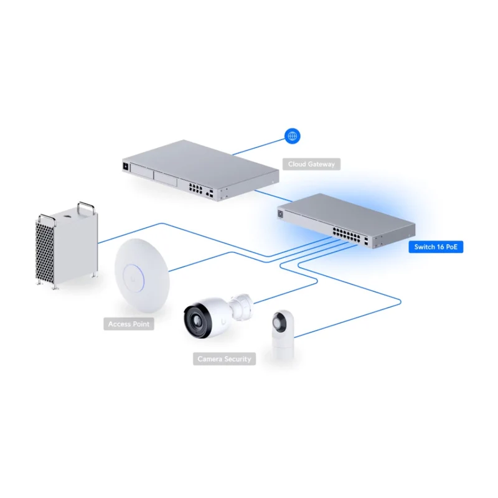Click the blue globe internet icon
292,136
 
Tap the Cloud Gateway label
311,164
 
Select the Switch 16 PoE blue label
436,247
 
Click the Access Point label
129,324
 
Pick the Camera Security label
224,359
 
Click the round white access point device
142,275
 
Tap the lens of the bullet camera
195,320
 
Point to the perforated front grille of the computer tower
44,252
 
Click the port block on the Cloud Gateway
195,189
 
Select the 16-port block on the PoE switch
346,235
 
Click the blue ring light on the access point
133,278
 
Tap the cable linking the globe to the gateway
259,146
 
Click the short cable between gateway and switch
273,195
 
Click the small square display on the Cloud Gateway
126,166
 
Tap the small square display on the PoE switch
281,214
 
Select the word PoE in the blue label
451,247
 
